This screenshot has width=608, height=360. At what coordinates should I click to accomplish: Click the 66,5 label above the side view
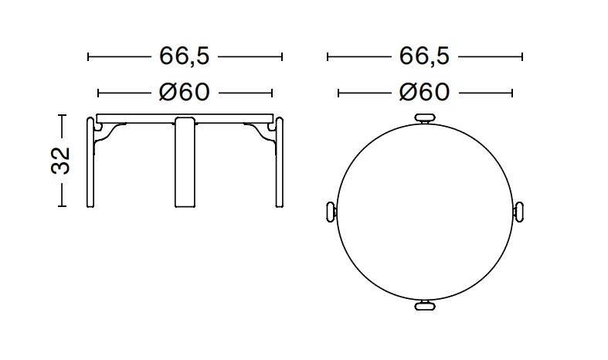tap(185, 56)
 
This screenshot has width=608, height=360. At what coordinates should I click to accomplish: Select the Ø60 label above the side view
tap(185, 93)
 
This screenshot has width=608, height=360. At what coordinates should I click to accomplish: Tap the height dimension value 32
tap(62, 161)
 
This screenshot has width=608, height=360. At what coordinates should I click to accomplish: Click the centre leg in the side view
tap(185, 162)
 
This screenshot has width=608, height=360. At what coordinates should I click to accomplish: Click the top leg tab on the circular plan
tap(425, 118)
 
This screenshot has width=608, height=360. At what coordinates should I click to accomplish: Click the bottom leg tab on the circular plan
tap(425, 307)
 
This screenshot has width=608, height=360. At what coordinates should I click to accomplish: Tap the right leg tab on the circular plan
tap(520, 212)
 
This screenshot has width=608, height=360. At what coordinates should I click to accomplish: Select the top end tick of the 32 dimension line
tap(63, 116)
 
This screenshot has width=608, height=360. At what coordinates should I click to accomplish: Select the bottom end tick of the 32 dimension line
tap(63, 206)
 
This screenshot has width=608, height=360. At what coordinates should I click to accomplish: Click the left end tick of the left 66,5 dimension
tap(89, 56)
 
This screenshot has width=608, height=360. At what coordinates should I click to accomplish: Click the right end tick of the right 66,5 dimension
tap(523, 56)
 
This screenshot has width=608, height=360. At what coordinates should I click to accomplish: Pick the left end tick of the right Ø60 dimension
tap(338, 93)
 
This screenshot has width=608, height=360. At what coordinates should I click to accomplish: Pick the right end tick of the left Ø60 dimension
tap(273, 93)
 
